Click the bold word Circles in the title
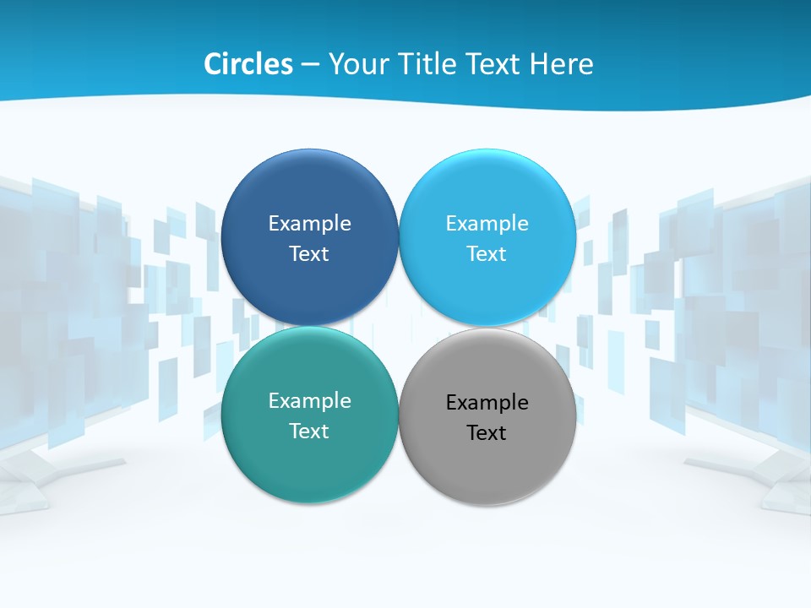coord(248,64)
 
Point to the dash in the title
coord(309,65)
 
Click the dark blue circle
coord(309,194)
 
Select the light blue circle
coord(487,194)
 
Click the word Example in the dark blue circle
coord(309,224)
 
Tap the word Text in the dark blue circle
coord(309,254)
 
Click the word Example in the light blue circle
coord(487,224)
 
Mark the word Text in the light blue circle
coord(487,254)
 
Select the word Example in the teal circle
coord(309,401)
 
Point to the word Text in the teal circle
coord(309,432)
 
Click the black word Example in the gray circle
coord(487,403)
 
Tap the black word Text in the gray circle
coord(487,433)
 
